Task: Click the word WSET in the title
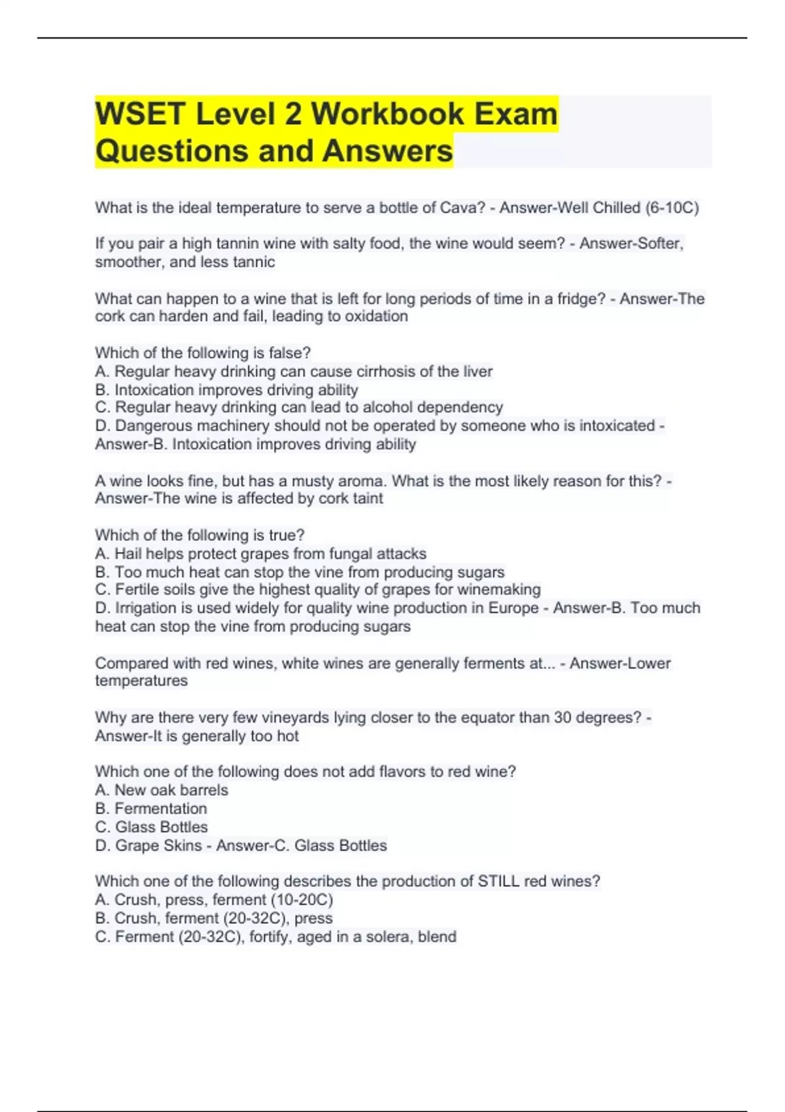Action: point(140,114)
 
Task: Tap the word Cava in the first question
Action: point(462,208)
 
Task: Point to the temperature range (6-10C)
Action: point(672,208)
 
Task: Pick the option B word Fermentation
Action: point(161,808)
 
